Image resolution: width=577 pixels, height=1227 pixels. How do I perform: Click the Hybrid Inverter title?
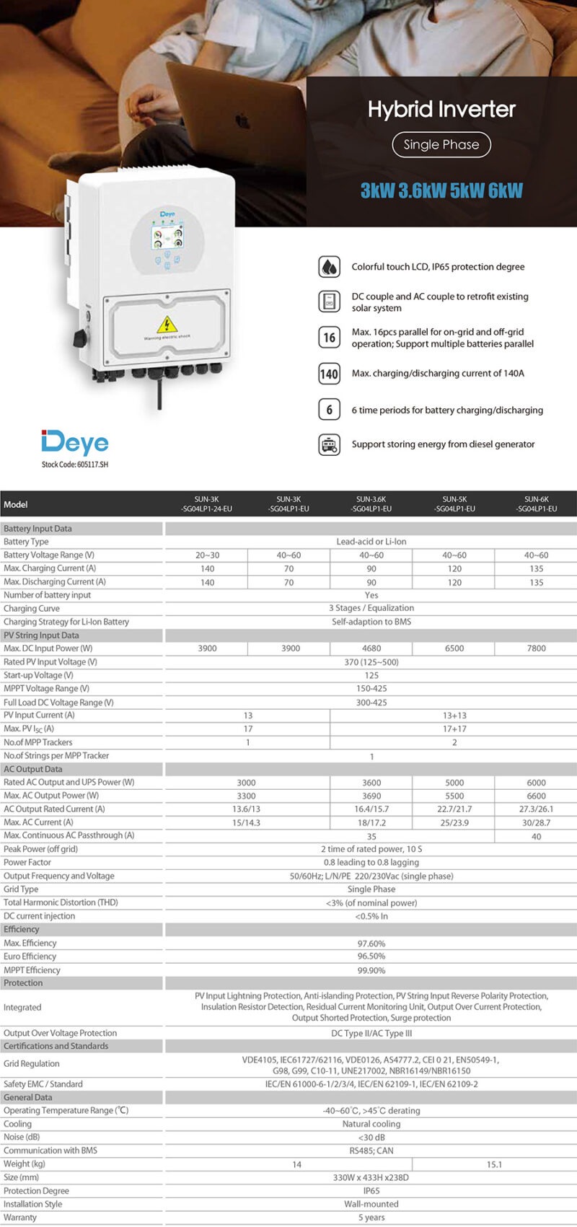441,110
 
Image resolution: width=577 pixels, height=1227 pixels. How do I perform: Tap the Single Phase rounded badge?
441,144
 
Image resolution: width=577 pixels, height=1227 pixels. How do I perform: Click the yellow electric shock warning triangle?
167,324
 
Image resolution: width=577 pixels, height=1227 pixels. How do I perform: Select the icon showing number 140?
329,374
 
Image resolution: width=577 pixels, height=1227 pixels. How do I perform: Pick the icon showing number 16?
329,337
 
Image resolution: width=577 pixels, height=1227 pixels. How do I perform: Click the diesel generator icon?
329,444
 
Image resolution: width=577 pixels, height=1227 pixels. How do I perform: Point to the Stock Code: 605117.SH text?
75,465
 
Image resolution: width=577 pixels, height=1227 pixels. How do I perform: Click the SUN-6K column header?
537,503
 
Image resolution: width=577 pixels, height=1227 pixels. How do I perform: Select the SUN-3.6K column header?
371,503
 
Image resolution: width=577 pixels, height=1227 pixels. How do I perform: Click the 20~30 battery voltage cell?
207,555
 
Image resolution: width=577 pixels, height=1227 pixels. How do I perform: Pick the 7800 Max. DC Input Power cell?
537,648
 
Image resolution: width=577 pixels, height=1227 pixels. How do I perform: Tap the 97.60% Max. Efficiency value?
371,944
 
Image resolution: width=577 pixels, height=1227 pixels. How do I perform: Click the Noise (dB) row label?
22,1138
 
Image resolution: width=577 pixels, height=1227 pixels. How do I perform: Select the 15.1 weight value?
495,1164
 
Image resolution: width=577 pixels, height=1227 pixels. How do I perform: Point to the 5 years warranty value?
371,1218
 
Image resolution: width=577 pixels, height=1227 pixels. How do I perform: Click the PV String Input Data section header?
41,636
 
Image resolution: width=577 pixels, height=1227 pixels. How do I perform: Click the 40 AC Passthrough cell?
537,837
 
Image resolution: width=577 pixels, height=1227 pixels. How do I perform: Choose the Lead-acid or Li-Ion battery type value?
371,542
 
